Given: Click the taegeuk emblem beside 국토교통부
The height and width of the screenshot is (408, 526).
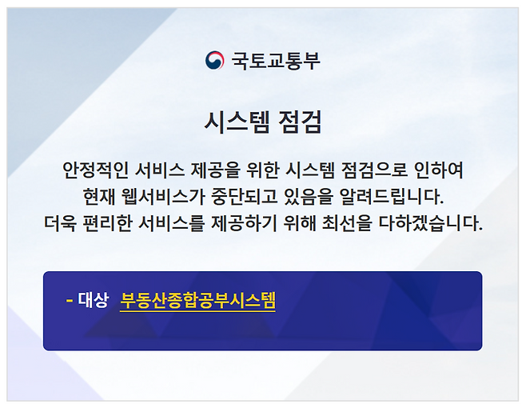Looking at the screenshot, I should [x=214, y=60].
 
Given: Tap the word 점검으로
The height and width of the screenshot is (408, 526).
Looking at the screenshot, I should [x=379, y=170].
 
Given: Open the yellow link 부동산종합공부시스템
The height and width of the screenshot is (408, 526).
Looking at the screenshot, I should [x=197, y=301].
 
